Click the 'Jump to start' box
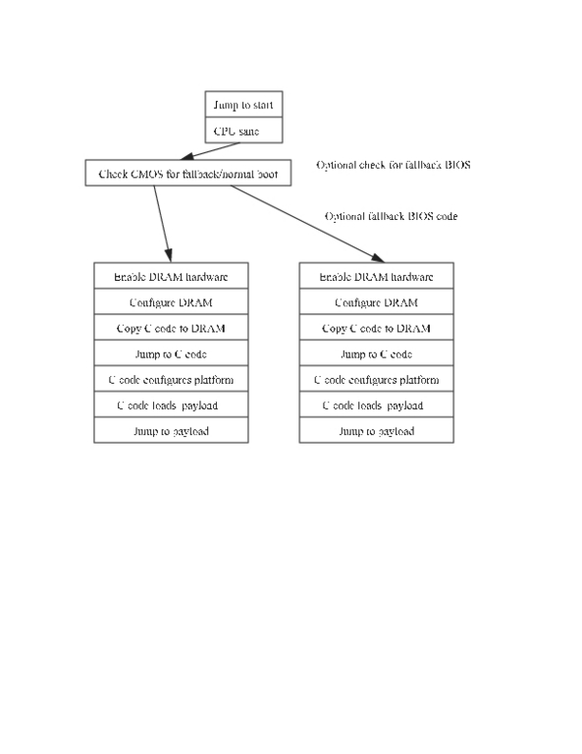point(243,104)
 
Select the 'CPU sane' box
point(243,130)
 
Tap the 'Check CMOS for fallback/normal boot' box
point(187,173)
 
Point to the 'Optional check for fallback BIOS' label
point(394,165)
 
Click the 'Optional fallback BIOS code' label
point(391,216)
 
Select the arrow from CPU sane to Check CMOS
point(209,151)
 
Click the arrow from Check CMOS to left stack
point(163,224)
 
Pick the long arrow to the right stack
point(307,224)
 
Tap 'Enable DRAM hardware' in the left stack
point(171,276)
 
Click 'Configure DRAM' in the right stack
point(376,301)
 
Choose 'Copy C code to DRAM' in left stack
point(171,328)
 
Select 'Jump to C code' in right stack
point(376,353)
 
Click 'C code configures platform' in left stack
point(171,379)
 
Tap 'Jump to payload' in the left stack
point(171,430)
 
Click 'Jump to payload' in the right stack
point(376,430)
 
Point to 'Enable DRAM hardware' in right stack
point(376,276)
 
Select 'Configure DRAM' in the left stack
point(171,301)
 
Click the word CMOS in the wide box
point(146,174)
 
